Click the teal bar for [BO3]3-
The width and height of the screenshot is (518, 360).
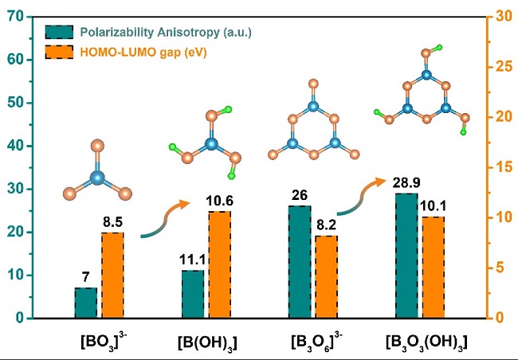click(85, 303)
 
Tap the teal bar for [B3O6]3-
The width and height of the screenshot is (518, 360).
click(299, 262)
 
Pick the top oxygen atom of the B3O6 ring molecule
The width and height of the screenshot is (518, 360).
click(313, 83)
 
